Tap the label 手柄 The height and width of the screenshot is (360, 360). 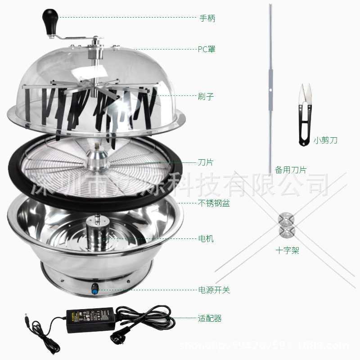[207, 18]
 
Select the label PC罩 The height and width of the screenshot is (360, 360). [207, 49]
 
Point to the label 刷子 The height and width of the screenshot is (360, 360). [206, 96]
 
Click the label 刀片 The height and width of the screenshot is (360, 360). [206, 162]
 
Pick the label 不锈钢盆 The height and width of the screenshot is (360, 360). [214, 203]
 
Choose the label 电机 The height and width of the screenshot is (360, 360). [206, 238]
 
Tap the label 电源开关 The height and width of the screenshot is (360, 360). [214, 290]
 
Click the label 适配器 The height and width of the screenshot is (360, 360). [210, 319]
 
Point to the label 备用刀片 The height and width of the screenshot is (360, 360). [291, 170]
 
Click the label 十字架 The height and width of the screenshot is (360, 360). [288, 251]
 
